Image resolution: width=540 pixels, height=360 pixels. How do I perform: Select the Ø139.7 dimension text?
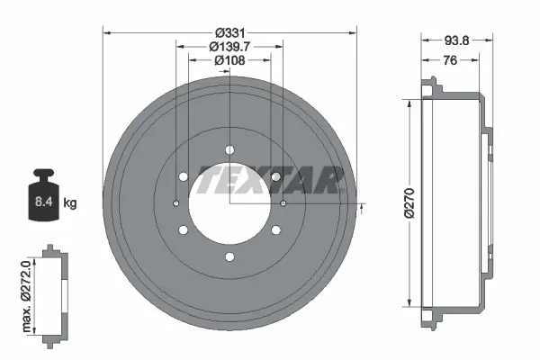click(x=230, y=46)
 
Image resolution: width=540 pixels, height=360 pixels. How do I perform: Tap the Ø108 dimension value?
click(x=230, y=60)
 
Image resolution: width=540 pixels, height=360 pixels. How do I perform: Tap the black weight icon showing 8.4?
click(x=42, y=195)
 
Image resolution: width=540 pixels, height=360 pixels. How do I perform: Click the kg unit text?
click(x=70, y=203)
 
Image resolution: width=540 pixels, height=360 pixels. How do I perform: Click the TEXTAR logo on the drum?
click(x=270, y=180)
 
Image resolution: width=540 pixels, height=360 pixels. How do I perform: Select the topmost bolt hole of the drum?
click(x=230, y=149)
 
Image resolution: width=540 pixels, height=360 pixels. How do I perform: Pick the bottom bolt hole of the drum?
click(x=230, y=257)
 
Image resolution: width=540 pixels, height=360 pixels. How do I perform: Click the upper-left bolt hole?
click(x=184, y=176)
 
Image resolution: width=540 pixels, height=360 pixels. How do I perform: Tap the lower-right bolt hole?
click(x=276, y=230)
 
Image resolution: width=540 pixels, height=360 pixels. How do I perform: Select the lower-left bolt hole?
click(x=184, y=230)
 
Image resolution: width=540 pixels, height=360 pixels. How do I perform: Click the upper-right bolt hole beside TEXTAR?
click(x=276, y=176)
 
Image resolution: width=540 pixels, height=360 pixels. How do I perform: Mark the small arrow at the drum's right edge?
click(x=362, y=209)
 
